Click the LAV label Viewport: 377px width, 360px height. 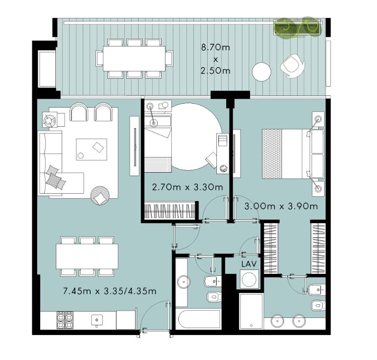249,264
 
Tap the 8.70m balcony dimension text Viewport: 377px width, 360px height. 215,47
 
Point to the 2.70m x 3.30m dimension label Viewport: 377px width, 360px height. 188,187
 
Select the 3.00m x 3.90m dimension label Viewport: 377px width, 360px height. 281,206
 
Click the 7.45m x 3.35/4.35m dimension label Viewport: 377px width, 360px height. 110,292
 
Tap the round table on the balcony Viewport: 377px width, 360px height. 261,72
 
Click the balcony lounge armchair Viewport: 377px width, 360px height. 292,66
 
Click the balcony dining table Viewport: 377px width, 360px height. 134,58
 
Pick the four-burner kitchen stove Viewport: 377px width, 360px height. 65,320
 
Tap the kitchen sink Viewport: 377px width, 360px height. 97,320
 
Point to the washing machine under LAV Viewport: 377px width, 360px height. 249,279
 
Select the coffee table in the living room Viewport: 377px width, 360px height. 92,149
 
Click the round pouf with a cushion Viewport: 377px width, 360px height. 100,196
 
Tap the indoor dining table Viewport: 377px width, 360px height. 87,256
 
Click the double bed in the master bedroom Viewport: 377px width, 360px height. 293,154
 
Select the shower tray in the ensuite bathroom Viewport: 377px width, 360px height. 251,311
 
